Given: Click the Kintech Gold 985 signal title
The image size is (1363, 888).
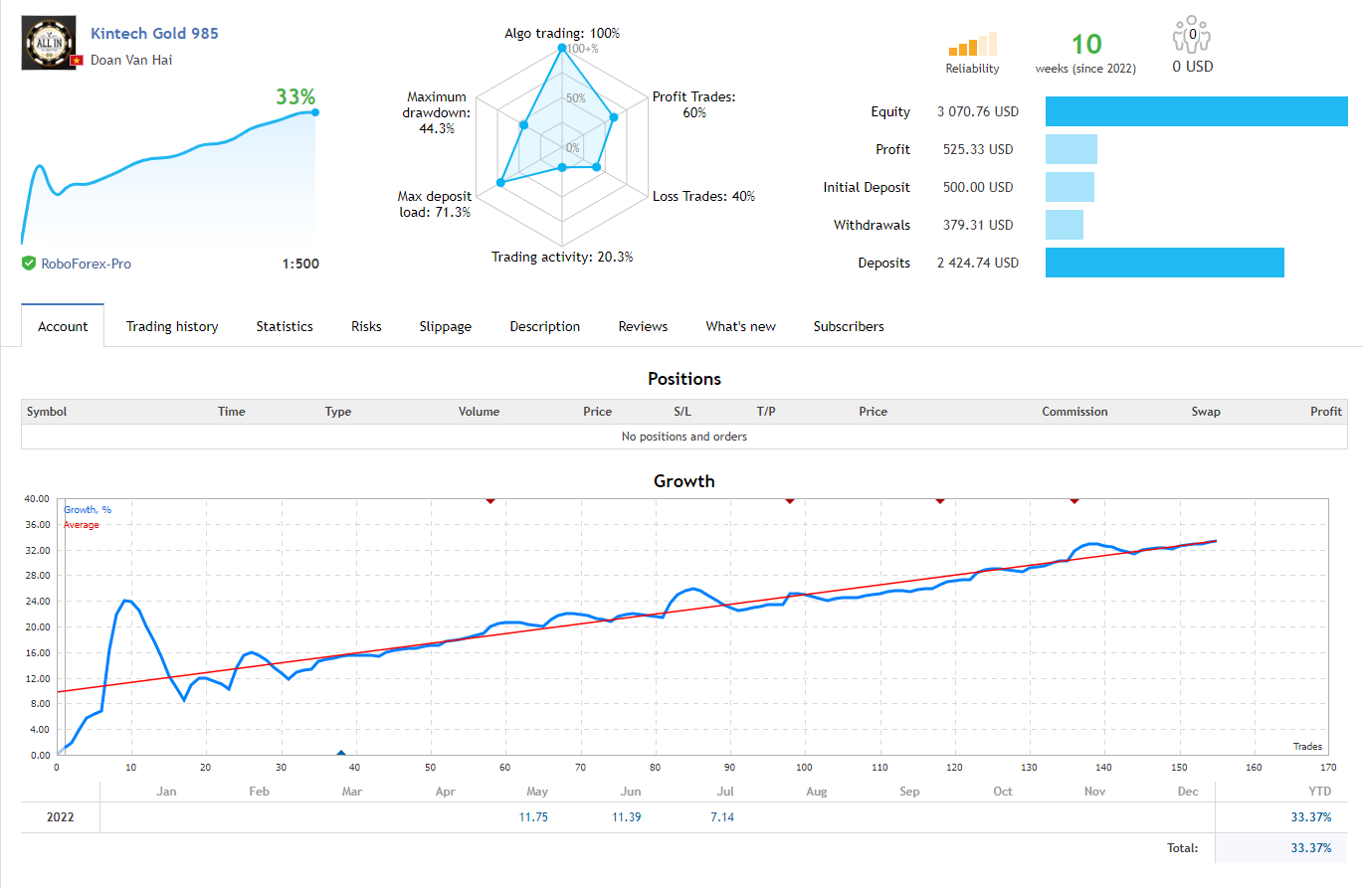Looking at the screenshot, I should (154, 33).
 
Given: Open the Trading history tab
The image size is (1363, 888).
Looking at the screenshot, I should (172, 326).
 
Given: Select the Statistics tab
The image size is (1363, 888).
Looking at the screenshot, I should (285, 326).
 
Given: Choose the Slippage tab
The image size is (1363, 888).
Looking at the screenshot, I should (445, 326).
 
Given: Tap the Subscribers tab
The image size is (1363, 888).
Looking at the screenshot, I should (848, 326).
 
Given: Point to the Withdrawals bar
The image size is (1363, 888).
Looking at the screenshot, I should (1064, 225).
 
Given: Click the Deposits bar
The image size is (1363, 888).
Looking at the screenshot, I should (1164, 263).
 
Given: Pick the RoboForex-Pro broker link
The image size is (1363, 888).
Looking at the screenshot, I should (86, 264).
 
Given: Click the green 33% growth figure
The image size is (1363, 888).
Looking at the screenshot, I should (295, 96).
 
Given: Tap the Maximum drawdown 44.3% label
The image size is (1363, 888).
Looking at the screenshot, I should (437, 112).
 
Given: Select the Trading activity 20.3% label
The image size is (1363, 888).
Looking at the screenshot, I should (562, 257).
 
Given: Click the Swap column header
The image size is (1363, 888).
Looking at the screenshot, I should (1206, 412).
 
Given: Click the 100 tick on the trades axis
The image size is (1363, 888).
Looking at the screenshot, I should (805, 768).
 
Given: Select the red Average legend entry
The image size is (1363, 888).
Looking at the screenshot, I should (82, 525).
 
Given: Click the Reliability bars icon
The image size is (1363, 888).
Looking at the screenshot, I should (972, 45).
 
